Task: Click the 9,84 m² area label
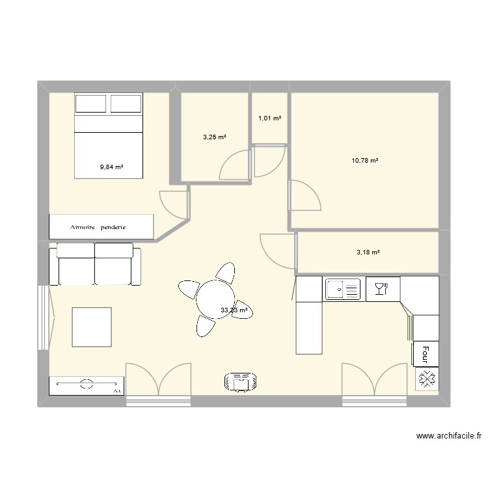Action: [x=111, y=167]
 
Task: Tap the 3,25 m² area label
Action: [x=215, y=137]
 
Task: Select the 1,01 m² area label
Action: [x=270, y=118]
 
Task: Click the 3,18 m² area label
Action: [x=368, y=252]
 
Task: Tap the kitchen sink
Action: [x=343, y=289]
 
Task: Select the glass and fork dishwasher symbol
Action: [x=381, y=288]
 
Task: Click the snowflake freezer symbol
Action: [x=427, y=377]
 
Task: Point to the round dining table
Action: [x=215, y=299]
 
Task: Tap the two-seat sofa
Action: [x=95, y=264]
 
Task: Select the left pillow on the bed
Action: [x=91, y=103]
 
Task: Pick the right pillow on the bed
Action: [x=126, y=103]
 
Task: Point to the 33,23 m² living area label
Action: [x=234, y=311]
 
